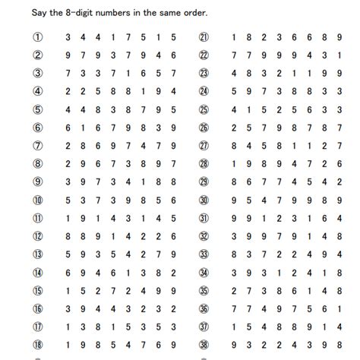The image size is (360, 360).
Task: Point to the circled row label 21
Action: tap(204, 37)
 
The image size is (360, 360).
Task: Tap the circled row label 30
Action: tap(204, 200)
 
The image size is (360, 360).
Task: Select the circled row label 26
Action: tap(204, 128)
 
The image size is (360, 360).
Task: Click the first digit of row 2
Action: tap(68, 55)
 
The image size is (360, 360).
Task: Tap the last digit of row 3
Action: tap(175, 73)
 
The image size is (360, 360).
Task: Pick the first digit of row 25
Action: tap(233, 109)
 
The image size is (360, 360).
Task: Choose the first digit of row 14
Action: tap(68, 272)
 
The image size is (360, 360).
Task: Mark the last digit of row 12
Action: tap(175, 236)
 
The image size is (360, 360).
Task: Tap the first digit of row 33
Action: tap(233, 254)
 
